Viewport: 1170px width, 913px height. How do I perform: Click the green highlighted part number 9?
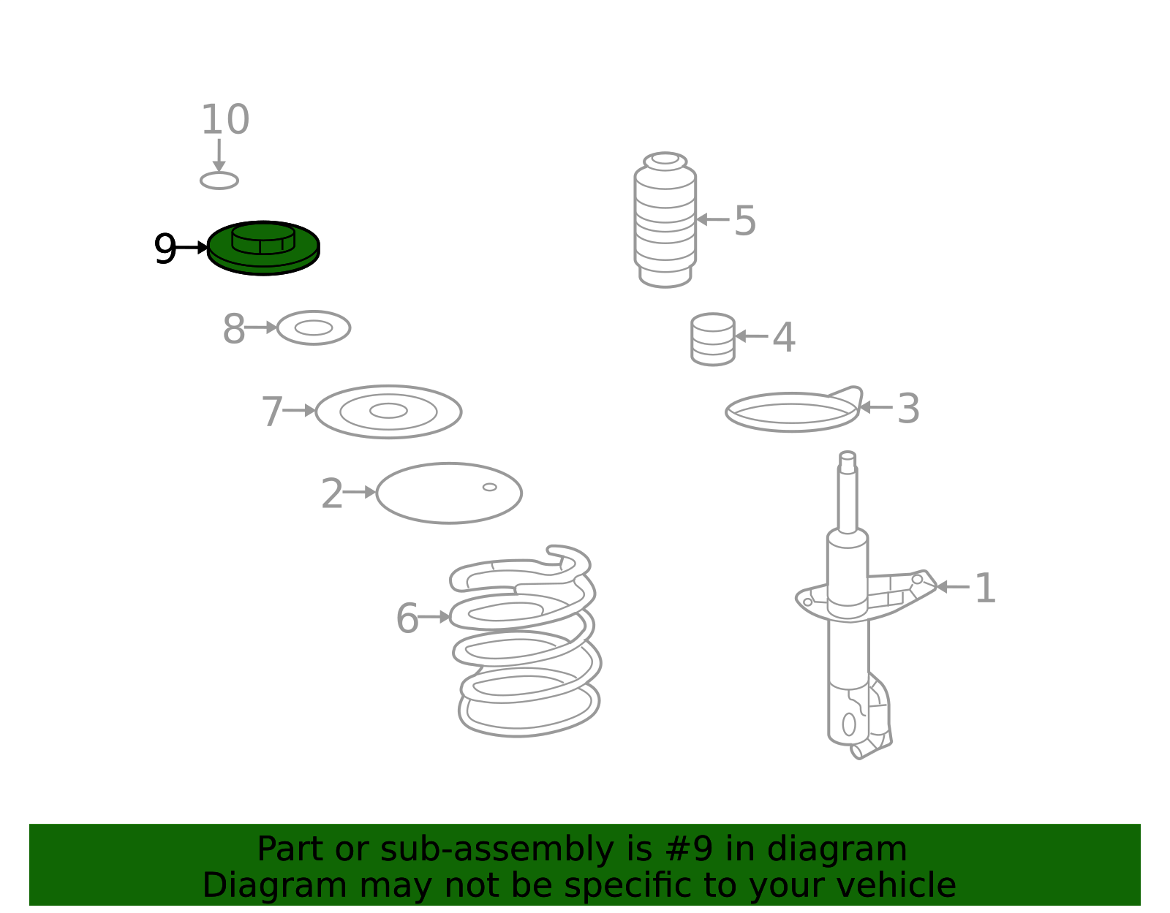pos(263,248)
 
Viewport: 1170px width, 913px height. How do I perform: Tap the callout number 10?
pos(225,119)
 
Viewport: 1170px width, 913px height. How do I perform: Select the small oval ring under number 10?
pos(219,181)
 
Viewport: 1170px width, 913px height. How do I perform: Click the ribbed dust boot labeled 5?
pos(665,219)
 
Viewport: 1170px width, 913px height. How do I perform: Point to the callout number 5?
pos(745,220)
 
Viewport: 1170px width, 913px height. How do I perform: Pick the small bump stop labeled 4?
pos(713,339)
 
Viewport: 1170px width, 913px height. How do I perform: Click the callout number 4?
pos(784,337)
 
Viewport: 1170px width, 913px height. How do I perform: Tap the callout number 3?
pos(908,409)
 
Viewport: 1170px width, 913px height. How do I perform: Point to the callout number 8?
pos(234,328)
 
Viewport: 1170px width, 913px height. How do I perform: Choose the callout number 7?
pos(272,412)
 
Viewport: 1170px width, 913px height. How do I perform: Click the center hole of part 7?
pos(388,411)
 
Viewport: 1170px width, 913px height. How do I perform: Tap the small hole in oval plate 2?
pos(489,488)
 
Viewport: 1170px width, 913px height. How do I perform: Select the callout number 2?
pos(332,493)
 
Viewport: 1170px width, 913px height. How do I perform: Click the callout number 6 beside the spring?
pos(407,618)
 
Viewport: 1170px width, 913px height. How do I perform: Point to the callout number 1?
pos(985,588)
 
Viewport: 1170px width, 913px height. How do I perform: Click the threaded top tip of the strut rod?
pos(847,456)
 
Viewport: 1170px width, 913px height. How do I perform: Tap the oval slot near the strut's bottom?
pos(849,724)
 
